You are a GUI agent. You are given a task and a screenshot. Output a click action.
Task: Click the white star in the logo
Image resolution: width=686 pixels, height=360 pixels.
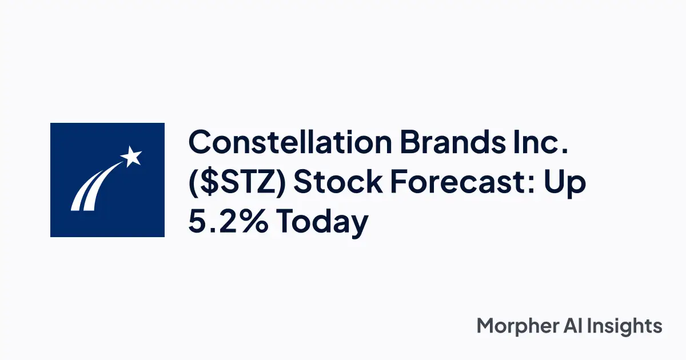coord(131,155)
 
